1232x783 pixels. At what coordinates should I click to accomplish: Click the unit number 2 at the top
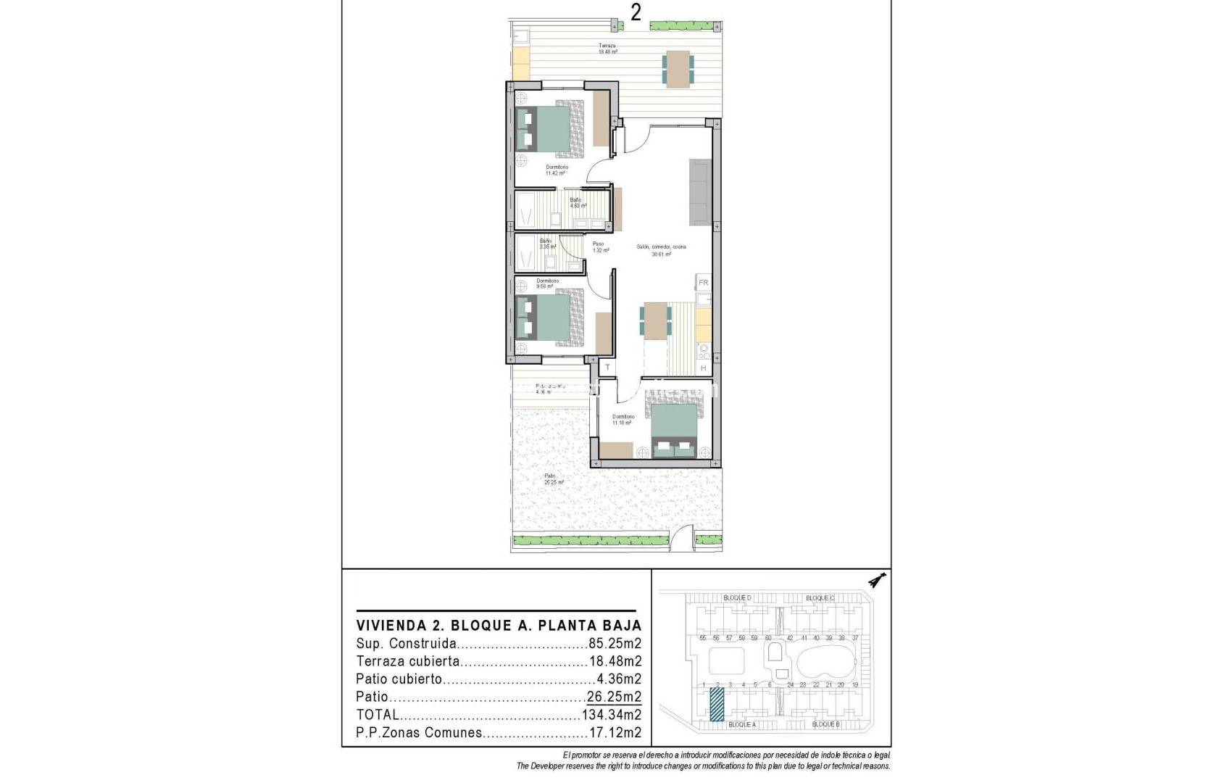coord(636,12)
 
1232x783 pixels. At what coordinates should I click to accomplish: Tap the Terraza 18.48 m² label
coord(607,49)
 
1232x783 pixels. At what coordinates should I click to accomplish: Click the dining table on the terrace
coord(678,69)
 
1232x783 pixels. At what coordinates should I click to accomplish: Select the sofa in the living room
coord(700,191)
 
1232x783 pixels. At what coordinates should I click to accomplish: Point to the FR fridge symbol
coord(703,283)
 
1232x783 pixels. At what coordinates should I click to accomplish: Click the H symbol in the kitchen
coord(703,368)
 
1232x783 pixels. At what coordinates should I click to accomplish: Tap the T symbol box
coord(607,368)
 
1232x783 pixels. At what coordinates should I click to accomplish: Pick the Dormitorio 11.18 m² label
coord(623,420)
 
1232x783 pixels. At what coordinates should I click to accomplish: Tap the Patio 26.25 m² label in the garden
coord(554,479)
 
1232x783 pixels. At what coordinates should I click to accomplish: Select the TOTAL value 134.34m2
coord(611,715)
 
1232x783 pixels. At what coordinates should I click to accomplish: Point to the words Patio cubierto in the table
coord(399,679)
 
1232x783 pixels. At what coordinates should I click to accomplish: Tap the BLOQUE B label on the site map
coord(825,724)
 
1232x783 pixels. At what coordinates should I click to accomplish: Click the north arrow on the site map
coord(878,580)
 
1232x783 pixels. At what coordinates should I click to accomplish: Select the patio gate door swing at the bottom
coord(681,540)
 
